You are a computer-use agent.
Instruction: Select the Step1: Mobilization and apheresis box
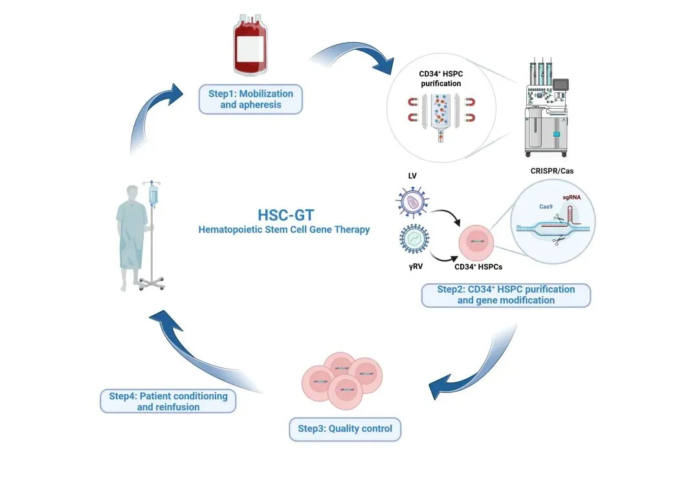coord(250,99)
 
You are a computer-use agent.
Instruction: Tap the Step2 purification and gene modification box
coord(505,295)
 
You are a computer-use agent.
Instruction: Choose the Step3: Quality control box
coord(344,428)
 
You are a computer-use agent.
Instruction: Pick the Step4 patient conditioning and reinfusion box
coord(168,401)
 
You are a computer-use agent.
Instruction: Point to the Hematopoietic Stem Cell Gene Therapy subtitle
coord(284,229)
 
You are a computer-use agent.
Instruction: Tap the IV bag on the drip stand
coord(153,194)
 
